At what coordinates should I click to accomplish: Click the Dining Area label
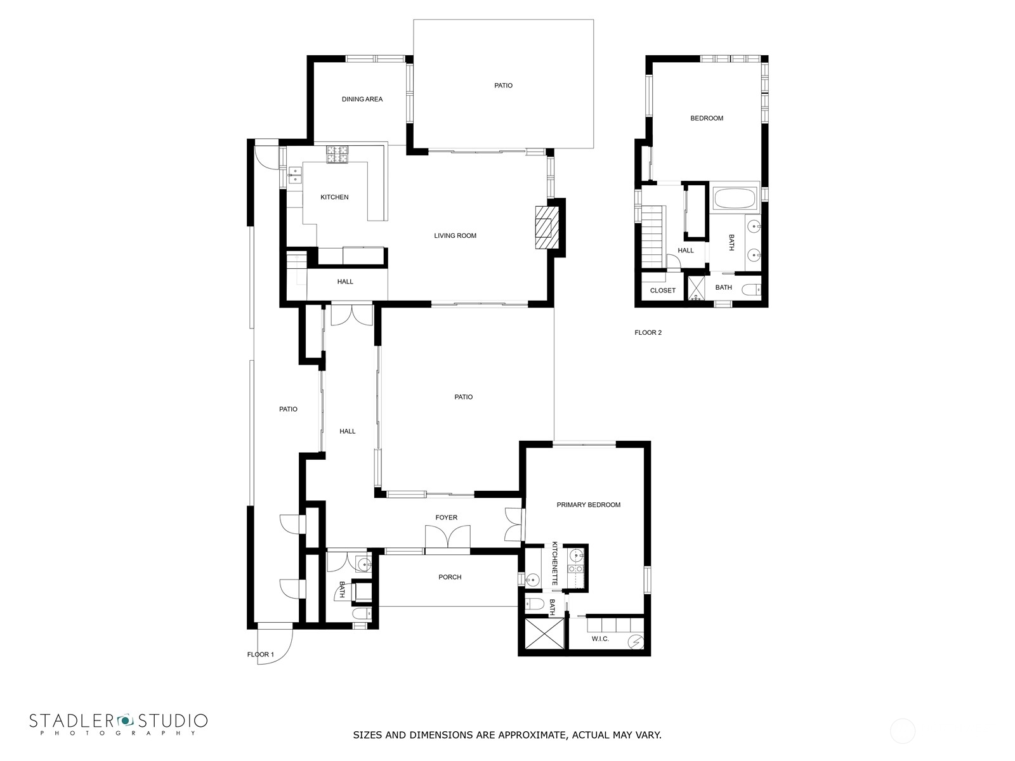(362, 99)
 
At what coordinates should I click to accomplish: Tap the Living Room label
(455, 236)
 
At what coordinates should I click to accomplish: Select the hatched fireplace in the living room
(547, 227)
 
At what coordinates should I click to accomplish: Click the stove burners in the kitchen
(337, 154)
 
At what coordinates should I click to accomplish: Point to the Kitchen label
(334, 197)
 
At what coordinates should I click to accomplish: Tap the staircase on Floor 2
(653, 237)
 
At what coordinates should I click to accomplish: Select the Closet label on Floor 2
(663, 290)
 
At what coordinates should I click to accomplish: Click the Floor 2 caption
(648, 333)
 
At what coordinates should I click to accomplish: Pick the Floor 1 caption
(260, 654)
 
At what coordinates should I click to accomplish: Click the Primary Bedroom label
(588, 505)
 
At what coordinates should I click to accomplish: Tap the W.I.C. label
(600, 639)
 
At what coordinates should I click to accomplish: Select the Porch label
(450, 577)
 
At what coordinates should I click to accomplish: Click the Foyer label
(446, 517)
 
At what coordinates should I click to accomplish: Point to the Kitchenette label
(554, 563)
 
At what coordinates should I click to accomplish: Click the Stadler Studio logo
(119, 724)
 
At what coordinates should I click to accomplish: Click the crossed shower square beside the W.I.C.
(544, 634)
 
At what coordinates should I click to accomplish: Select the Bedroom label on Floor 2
(707, 119)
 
